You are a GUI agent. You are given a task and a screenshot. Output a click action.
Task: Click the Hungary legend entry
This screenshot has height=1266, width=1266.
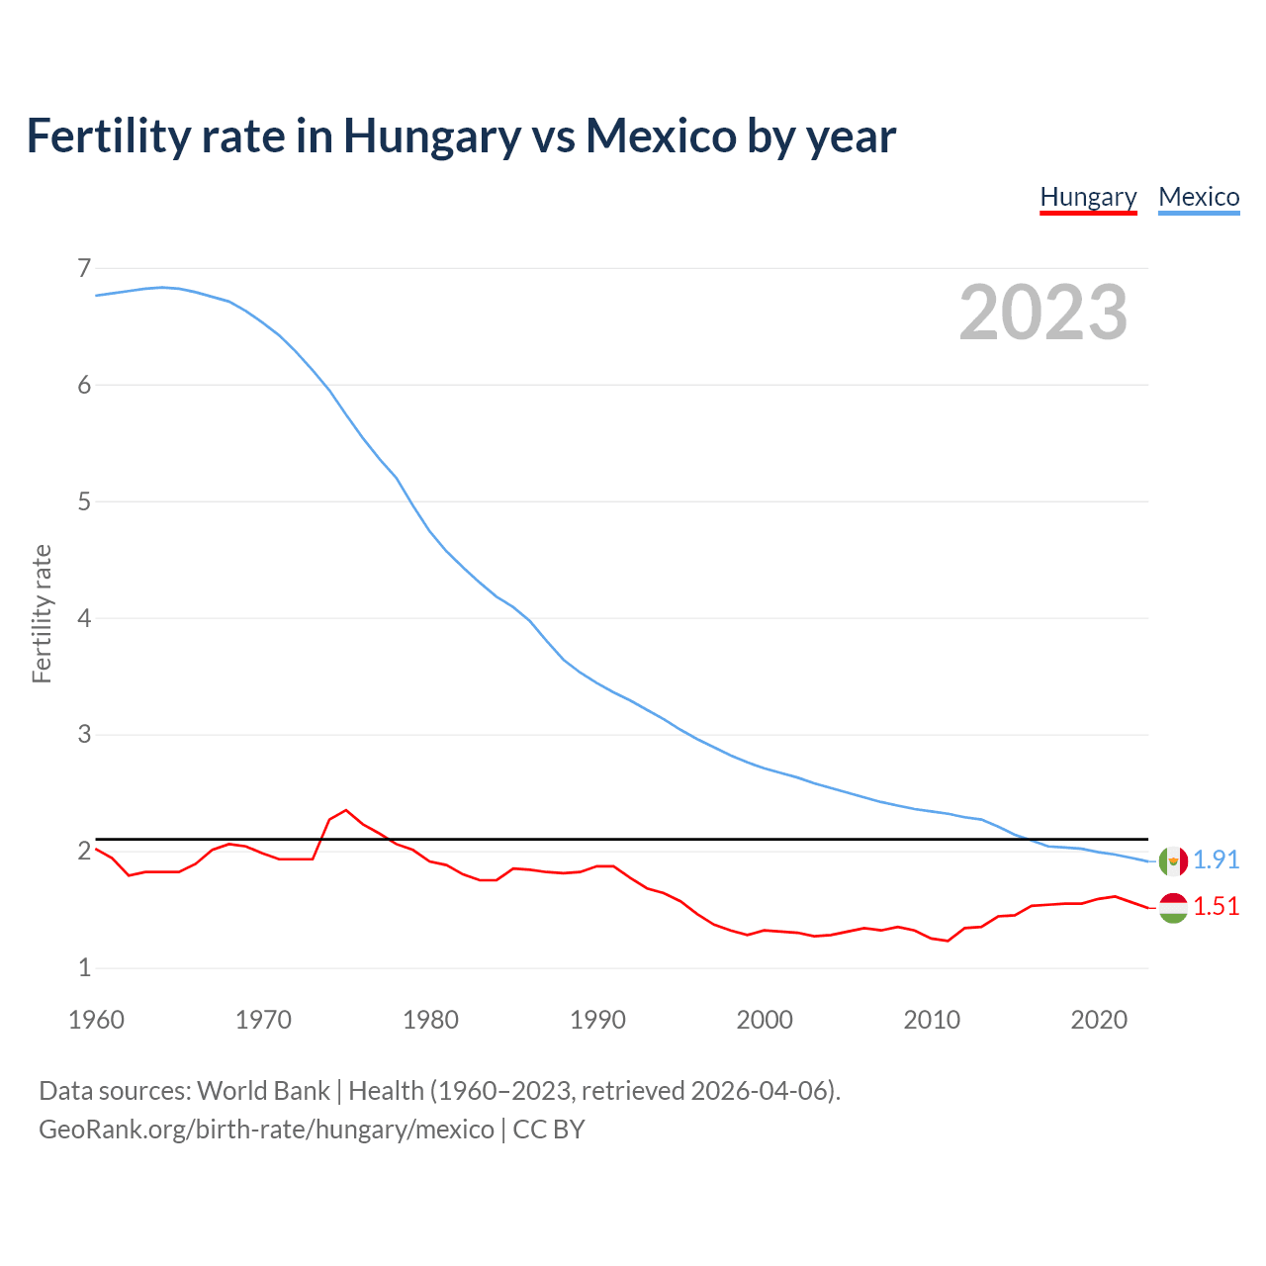(x=1088, y=197)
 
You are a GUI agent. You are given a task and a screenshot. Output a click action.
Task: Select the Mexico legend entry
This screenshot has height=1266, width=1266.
(x=1199, y=197)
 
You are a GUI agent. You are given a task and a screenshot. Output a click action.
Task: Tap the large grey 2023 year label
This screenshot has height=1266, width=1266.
(x=1043, y=313)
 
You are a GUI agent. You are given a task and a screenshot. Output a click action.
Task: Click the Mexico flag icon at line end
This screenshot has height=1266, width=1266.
(x=1173, y=860)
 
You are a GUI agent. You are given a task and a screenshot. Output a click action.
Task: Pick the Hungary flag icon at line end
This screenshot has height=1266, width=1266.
(x=1173, y=907)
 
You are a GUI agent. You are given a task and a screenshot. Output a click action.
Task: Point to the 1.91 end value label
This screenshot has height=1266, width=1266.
(x=1216, y=859)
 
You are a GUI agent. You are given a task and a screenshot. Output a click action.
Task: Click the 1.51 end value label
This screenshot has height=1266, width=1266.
(x=1216, y=906)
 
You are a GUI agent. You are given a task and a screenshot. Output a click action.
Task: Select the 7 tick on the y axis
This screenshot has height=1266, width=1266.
(x=84, y=268)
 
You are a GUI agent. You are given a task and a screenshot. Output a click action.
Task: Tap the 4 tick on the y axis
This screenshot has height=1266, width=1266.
(x=84, y=618)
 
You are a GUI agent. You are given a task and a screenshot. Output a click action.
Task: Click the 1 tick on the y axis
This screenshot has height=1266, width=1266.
(x=84, y=967)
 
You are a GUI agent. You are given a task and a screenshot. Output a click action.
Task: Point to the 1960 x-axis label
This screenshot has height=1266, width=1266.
(x=96, y=1020)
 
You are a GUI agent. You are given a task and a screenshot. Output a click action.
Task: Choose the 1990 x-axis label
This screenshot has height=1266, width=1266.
(x=597, y=1020)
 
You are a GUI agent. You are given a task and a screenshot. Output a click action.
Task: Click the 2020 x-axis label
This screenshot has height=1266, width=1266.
(x=1099, y=1020)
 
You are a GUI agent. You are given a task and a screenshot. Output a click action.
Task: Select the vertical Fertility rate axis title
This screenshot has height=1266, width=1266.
(x=42, y=613)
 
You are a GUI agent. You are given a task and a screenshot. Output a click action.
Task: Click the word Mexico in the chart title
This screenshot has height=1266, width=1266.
(x=660, y=136)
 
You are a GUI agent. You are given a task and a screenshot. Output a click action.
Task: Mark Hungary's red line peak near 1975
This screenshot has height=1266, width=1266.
(x=346, y=810)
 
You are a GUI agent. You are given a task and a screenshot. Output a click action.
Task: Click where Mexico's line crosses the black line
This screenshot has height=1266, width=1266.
(x=1026, y=839)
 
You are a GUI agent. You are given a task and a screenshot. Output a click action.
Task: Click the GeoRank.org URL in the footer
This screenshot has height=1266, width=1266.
(x=266, y=1129)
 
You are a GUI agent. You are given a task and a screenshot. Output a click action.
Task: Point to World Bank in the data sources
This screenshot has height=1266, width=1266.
(x=263, y=1090)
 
